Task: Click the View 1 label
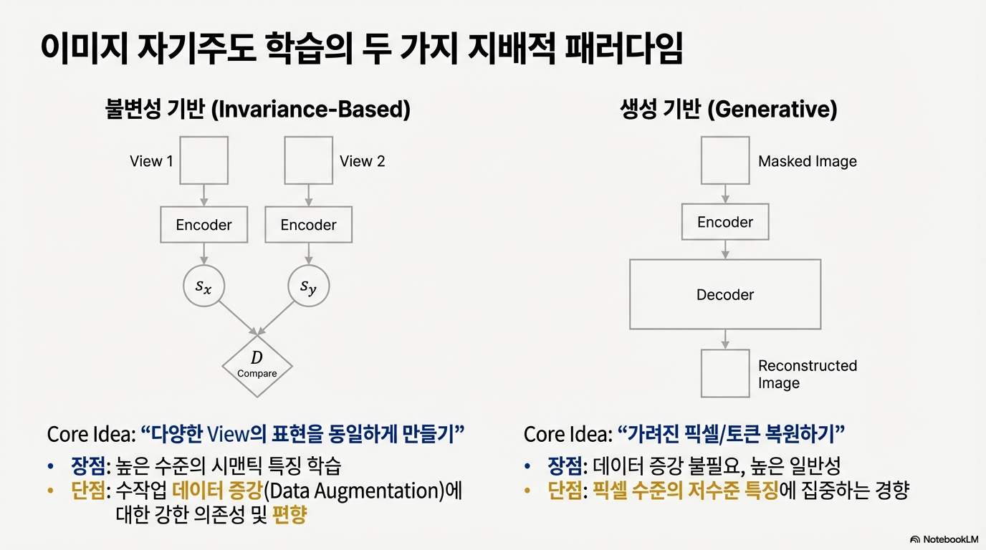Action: pos(151,161)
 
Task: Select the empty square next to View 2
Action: pos(308,160)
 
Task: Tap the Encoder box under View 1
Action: pos(204,225)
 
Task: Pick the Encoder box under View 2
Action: pos(308,225)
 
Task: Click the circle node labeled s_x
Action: pos(204,287)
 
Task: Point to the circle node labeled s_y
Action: pos(308,287)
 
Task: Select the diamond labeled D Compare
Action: pos(257,366)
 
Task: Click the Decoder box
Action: pos(724,294)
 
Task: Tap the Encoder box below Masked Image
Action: pos(724,222)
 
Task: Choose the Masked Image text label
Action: pos(807,161)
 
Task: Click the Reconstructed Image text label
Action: pos(807,374)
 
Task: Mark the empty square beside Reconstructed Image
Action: pos(724,372)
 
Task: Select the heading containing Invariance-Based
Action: pos(258,110)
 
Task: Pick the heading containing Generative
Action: pos(728,110)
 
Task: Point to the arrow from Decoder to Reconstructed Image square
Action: pos(725,338)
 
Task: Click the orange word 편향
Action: pos(289,515)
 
